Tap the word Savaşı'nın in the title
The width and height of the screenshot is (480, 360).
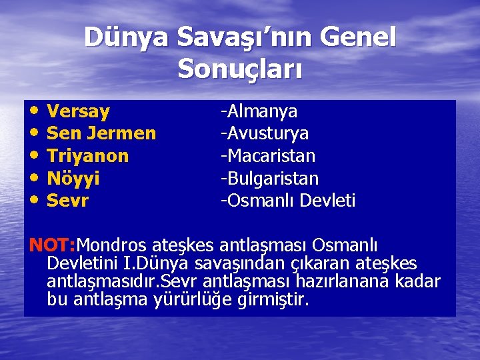[x=245, y=37]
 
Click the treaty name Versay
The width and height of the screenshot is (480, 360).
[x=79, y=111]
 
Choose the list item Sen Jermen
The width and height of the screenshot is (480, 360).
[x=101, y=133]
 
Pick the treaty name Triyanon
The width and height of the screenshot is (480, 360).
[x=88, y=156]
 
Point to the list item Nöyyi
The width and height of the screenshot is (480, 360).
[x=73, y=179]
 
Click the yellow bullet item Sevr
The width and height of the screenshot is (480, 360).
[x=67, y=201]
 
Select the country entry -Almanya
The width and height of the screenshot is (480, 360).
[x=259, y=111]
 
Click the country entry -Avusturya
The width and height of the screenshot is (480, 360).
[x=265, y=133]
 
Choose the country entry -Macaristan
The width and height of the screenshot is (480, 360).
[x=269, y=156]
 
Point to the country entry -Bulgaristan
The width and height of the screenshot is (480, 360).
[x=270, y=179]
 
